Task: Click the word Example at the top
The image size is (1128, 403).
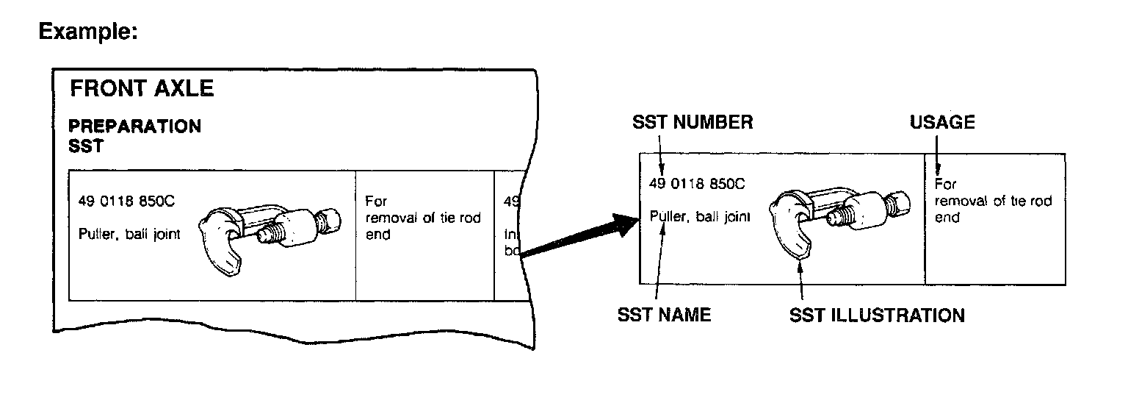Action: tap(88, 32)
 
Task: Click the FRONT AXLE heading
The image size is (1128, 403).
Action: tap(141, 89)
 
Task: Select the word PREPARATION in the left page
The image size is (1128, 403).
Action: tap(135, 126)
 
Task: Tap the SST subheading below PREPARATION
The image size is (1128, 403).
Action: tap(86, 146)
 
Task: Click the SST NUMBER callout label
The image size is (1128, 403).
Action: tap(693, 123)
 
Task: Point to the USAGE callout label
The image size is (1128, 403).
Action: tap(942, 123)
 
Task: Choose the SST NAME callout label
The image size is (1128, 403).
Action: tap(665, 315)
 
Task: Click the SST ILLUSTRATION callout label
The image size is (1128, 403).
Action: tap(877, 315)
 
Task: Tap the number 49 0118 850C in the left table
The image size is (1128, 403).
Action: tap(126, 201)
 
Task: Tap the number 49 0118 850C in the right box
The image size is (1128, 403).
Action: tap(697, 184)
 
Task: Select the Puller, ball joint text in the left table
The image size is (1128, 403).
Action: tap(129, 235)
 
